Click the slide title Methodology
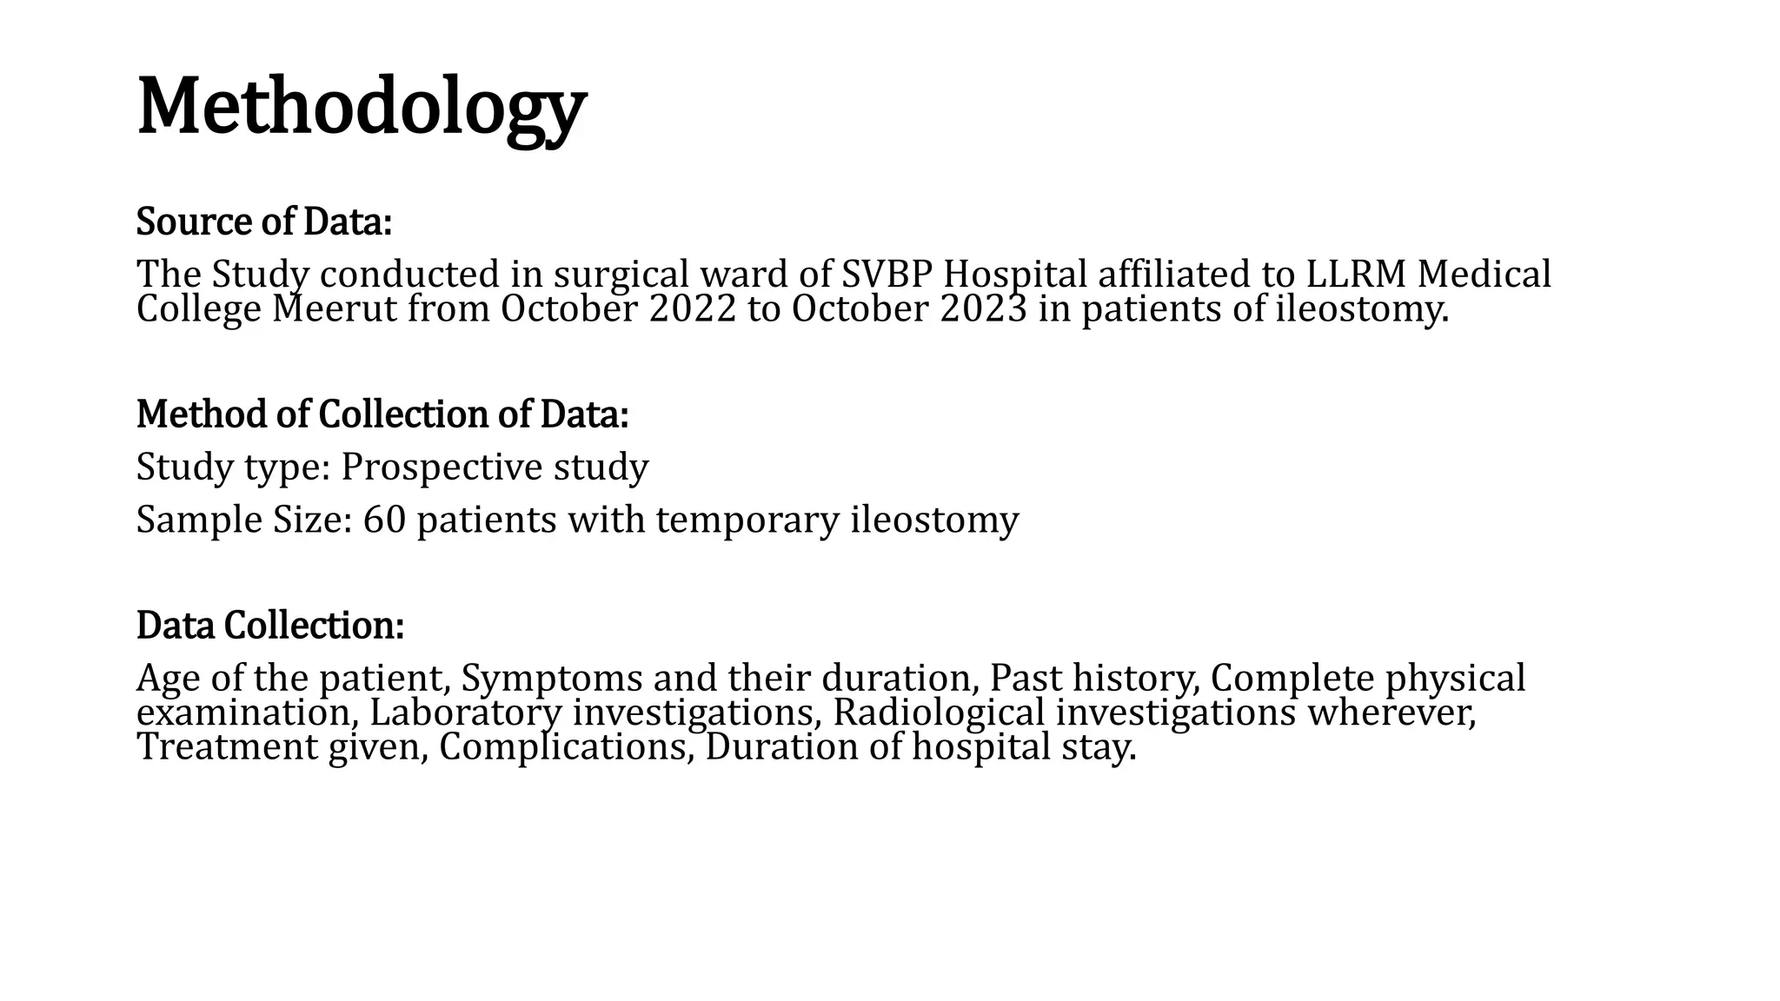point(362,108)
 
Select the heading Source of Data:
point(264,222)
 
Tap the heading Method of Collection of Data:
point(382,414)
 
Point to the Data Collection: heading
point(270,626)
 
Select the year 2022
point(693,309)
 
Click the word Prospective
point(429,468)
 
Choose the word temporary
point(747,521)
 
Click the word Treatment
point(228,747)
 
